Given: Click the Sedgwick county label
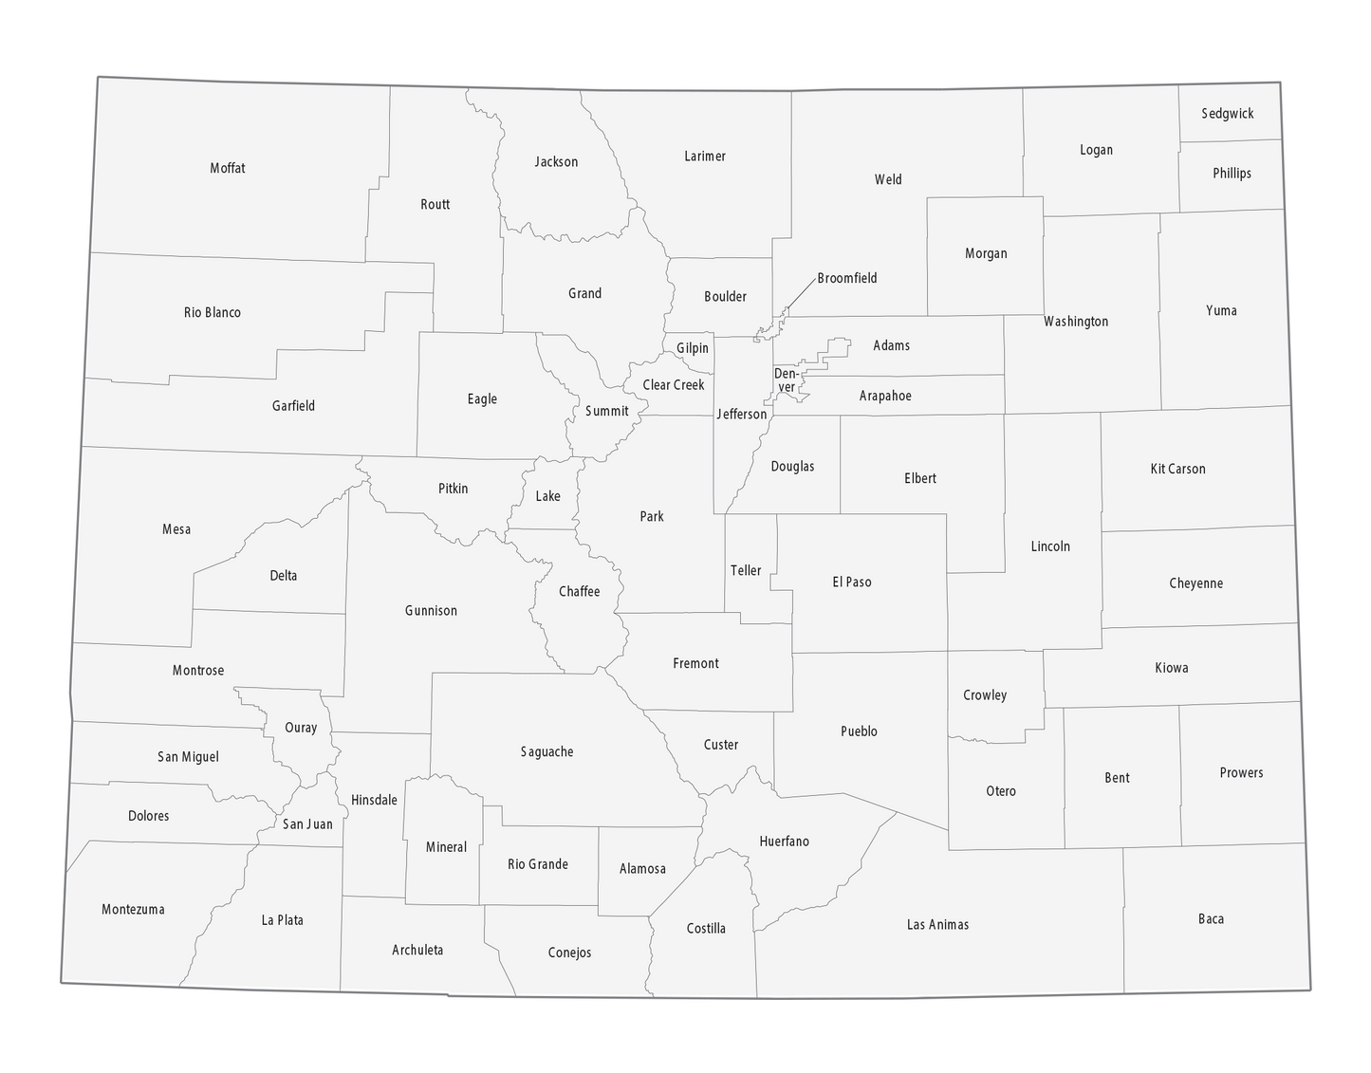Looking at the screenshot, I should pos(1227,114).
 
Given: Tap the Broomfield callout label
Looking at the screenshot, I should pos(846,278).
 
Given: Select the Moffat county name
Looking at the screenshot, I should pos(228,168).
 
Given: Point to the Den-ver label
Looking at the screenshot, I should pos(787,380).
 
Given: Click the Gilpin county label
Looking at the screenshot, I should pos(693,348).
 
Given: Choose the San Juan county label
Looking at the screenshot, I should pos(307,823).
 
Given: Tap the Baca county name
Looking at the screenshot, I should pos(1211,918).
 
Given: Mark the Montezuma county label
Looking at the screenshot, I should pos(133,909).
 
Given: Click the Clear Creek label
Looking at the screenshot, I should pos(674,384).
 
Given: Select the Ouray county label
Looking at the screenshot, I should pos(301,728).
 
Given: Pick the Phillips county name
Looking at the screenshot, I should pos(1232,173).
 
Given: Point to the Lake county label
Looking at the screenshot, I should pos(547,496).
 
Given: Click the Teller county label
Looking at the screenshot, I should pos(746,570).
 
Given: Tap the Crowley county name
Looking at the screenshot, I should pos(985,694).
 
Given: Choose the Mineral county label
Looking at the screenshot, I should pos(446,846).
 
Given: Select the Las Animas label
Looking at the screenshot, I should pos(937,924).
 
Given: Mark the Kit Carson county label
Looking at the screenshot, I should pos(1177,469).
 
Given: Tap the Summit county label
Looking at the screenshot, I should pos(606,411).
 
